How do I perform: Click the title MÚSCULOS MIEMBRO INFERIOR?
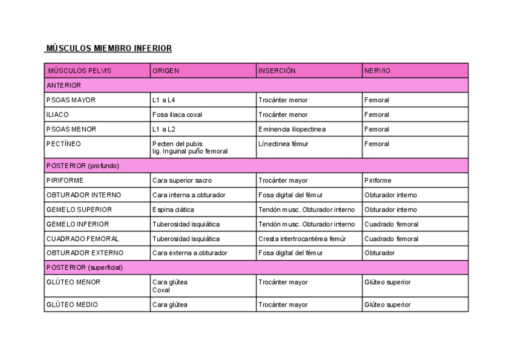point(109,48)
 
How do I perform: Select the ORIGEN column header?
point(166,71)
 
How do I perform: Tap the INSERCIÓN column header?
point(277,71)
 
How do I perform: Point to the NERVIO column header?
point(377,71)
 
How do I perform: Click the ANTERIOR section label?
point(64,85)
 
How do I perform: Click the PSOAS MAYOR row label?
point(71,100)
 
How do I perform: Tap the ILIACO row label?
point(57,114)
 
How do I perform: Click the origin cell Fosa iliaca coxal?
point(177,114)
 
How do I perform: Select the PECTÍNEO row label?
point(64,144)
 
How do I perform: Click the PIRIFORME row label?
point(65,180)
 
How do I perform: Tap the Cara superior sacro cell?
point(182,180)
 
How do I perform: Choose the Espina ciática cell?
point(174,209)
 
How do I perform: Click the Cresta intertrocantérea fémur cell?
point(302,238)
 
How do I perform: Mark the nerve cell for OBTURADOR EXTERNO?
point(379,253)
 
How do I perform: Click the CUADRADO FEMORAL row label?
point(83,238)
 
